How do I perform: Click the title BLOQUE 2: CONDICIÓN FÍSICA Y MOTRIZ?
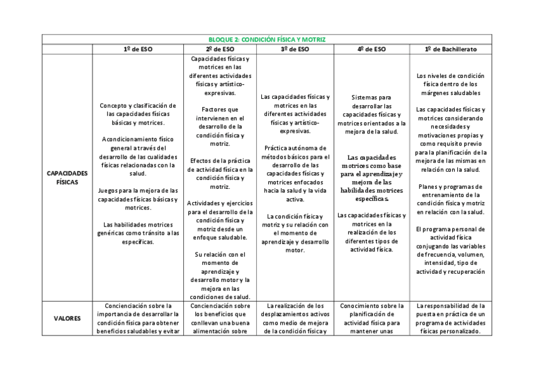[x=266, y=39]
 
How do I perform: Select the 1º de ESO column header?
[x=137, y=48]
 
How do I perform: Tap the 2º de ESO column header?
[x=219, y=48]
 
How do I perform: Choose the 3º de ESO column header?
[x=295, y=48]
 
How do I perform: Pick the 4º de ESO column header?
[x=371, y=48]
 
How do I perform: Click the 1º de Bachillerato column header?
[x=450, y=48]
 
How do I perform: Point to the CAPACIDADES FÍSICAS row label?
[x=67, y=176]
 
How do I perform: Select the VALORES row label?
[x=67, y=318]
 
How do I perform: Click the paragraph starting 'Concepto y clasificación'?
[x=137, y=114]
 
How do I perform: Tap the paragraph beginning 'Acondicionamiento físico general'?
[x=137, y=157]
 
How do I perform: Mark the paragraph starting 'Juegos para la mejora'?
[x=137, y=199]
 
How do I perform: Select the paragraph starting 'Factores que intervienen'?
[x=219, y=127]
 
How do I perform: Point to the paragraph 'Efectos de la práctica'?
[x=219, y=173]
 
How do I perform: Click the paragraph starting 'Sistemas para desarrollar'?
[x=371, y=110]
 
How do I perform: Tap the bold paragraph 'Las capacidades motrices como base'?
[x=371, y=177]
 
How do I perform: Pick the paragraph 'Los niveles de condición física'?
[x=450, y=84]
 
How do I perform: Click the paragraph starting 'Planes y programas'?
[x=450, y=199]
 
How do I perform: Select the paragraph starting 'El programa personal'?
[x=450, y=250]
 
